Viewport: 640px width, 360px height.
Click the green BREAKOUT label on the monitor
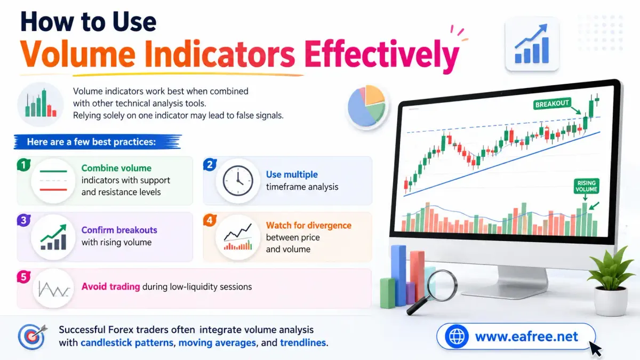(x=551, y=103)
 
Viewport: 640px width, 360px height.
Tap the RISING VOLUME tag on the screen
(x=586, y=186)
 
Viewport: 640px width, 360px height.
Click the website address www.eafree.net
(x=526, y=337)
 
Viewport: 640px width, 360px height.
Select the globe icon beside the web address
(x=457, y=337)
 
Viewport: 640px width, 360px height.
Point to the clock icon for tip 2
(x=238, y=181)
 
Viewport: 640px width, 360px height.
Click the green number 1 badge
(x=23, y=165)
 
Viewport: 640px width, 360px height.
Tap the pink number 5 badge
(x=23, y=277)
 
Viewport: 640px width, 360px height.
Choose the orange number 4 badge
(x=210, y=220)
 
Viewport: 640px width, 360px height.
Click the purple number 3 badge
(x=23, y=220)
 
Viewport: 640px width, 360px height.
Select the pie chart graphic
(x=367, y=106)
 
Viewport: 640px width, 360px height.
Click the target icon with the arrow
(x=33, y=337)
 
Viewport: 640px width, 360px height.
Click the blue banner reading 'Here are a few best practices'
(x=98, y=142)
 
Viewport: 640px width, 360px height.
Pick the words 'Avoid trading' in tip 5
(x=110, y=286)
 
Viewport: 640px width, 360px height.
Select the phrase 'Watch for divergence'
(x=309, y=226)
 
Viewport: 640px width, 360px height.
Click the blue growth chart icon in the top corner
(x=532, y=44)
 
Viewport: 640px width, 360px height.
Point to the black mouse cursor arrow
(x=595, y=349)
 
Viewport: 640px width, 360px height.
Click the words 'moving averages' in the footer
(x=217, y=342)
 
